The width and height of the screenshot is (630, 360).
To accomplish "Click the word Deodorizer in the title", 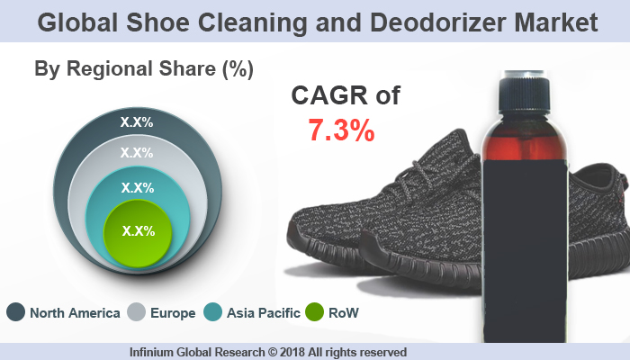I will tap(424, 22).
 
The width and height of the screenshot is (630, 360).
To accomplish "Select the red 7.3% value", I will tap(341, 131).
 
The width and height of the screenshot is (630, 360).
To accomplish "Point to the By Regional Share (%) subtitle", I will tap(143, 68).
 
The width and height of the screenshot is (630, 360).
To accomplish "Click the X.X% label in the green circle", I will tap(138, 230).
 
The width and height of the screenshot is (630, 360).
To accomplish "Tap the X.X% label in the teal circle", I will tap(138, 188).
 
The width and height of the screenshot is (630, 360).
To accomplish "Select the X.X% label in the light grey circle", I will tap(137, 153).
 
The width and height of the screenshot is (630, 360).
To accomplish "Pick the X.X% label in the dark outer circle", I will tap(137, 120).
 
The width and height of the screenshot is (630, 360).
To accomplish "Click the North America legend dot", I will tap(15, 313).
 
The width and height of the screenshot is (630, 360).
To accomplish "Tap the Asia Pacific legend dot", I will tap(213, 313).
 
